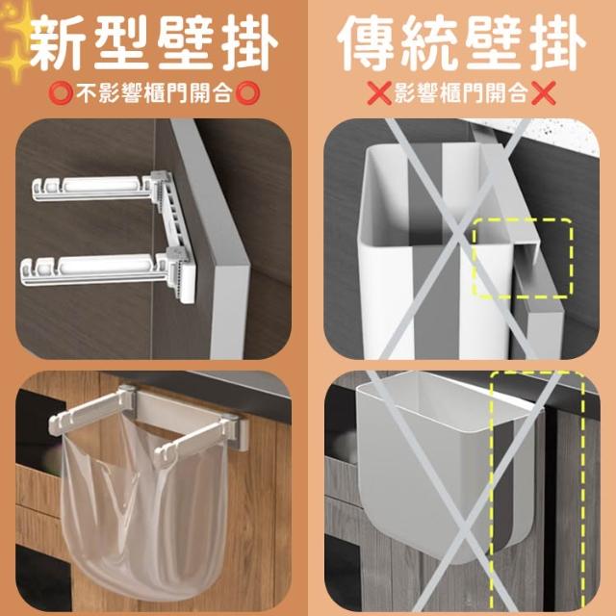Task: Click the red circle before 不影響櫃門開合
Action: tap(61, 93)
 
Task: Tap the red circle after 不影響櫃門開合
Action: tap(247, 93)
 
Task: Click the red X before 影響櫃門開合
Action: tap(379, 93)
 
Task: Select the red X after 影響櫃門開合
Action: tap(543, 93)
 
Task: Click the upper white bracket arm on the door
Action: tap(94, 188)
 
